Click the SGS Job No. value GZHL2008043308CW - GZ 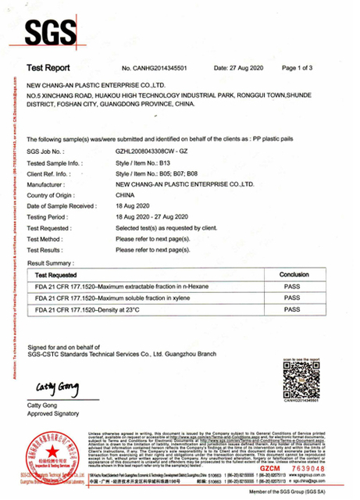pyautogui.click(x=157, y=172)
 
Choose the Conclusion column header pyautogui.click(x=294, y=276)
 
